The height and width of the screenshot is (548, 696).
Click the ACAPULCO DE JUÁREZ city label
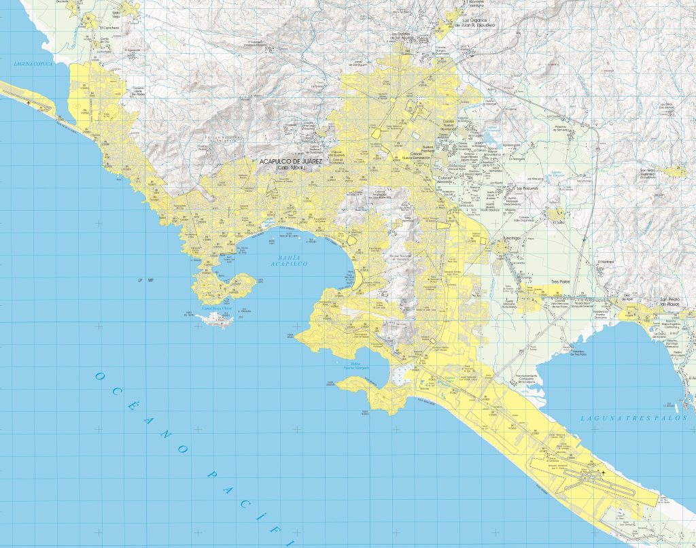pyautogui.click(x=292, y=162)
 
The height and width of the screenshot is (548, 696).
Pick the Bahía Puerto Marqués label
pyautogui.click(x=351, y=368)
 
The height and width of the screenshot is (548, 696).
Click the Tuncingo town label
pyautogui.click(x=510, y=239)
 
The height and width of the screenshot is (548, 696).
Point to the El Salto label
pyautogui.click(x=558, y=221)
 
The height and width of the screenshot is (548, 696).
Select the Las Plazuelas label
pyautogui.click(x=527, y=188)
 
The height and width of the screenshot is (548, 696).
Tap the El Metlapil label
pyautogui.click(x=605, y=262)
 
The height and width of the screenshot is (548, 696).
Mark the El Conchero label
pyautogui.click(x=109, y=28)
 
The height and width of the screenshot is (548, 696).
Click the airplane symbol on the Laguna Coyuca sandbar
pyautogui.click(x=29, y=102)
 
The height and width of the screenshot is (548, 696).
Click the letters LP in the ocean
pyautogui.click(x=139, y=280)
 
